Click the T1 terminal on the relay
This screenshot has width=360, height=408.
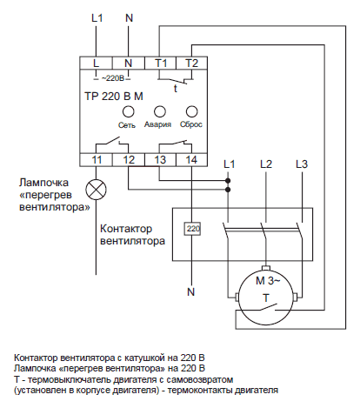point(160,63)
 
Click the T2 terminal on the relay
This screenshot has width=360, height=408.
point(191,63)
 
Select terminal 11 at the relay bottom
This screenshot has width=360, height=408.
point(97,160)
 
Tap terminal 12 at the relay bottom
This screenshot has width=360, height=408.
point(129,160)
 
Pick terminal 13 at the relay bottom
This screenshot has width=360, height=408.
point(160,160)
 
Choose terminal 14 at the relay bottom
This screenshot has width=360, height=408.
point(191,160)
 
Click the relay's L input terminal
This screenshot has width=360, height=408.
point(97,63)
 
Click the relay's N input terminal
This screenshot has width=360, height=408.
point(129,63)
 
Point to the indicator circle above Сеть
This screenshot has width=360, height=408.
point(128,111)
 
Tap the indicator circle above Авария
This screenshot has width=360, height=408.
point(160,111)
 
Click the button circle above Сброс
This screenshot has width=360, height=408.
point(191,111)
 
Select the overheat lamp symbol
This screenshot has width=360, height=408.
point(97,190)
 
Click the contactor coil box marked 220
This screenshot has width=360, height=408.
point(192,229)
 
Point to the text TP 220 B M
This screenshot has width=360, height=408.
point(114,97)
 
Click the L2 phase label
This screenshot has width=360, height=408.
point(266,164)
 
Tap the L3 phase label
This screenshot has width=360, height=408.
point(302,164)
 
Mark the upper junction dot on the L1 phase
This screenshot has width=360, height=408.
point(228,181)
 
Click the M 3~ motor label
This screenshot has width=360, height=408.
point(268,281)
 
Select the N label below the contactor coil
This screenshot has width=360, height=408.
point(191,292)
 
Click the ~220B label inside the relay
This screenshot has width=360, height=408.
point(113,78)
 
